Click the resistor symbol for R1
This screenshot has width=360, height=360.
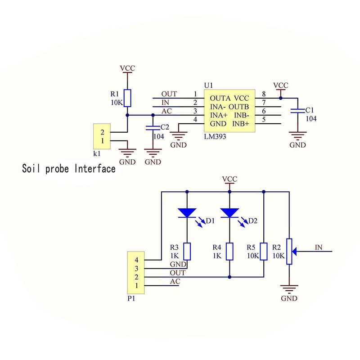[x=127, y=98]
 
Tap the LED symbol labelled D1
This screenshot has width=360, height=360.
[x=186, y=212]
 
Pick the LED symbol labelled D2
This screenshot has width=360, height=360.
[x=229, y=212]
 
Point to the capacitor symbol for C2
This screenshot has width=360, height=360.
[x=153, y=128]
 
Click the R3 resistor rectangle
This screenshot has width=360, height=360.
[x=187, y=251]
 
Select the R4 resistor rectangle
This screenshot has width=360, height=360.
[x=229, y=251]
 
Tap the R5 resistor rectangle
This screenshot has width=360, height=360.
[x=263, y=251]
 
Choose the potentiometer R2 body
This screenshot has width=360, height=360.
[x=288, y=251]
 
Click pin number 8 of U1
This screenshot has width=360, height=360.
[x=264, y=94]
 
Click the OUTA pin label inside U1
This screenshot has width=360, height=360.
[x=220, y=98]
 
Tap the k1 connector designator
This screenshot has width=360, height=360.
[x=97, y=153]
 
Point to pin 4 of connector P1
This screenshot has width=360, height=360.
[x=136, y=260]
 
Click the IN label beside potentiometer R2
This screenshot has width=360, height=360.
[x=319, y=247]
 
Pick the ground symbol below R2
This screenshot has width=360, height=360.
[x=288, y=289]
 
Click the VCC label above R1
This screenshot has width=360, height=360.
[x=127, y=68]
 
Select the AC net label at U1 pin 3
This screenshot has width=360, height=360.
[x=166, y=111]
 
